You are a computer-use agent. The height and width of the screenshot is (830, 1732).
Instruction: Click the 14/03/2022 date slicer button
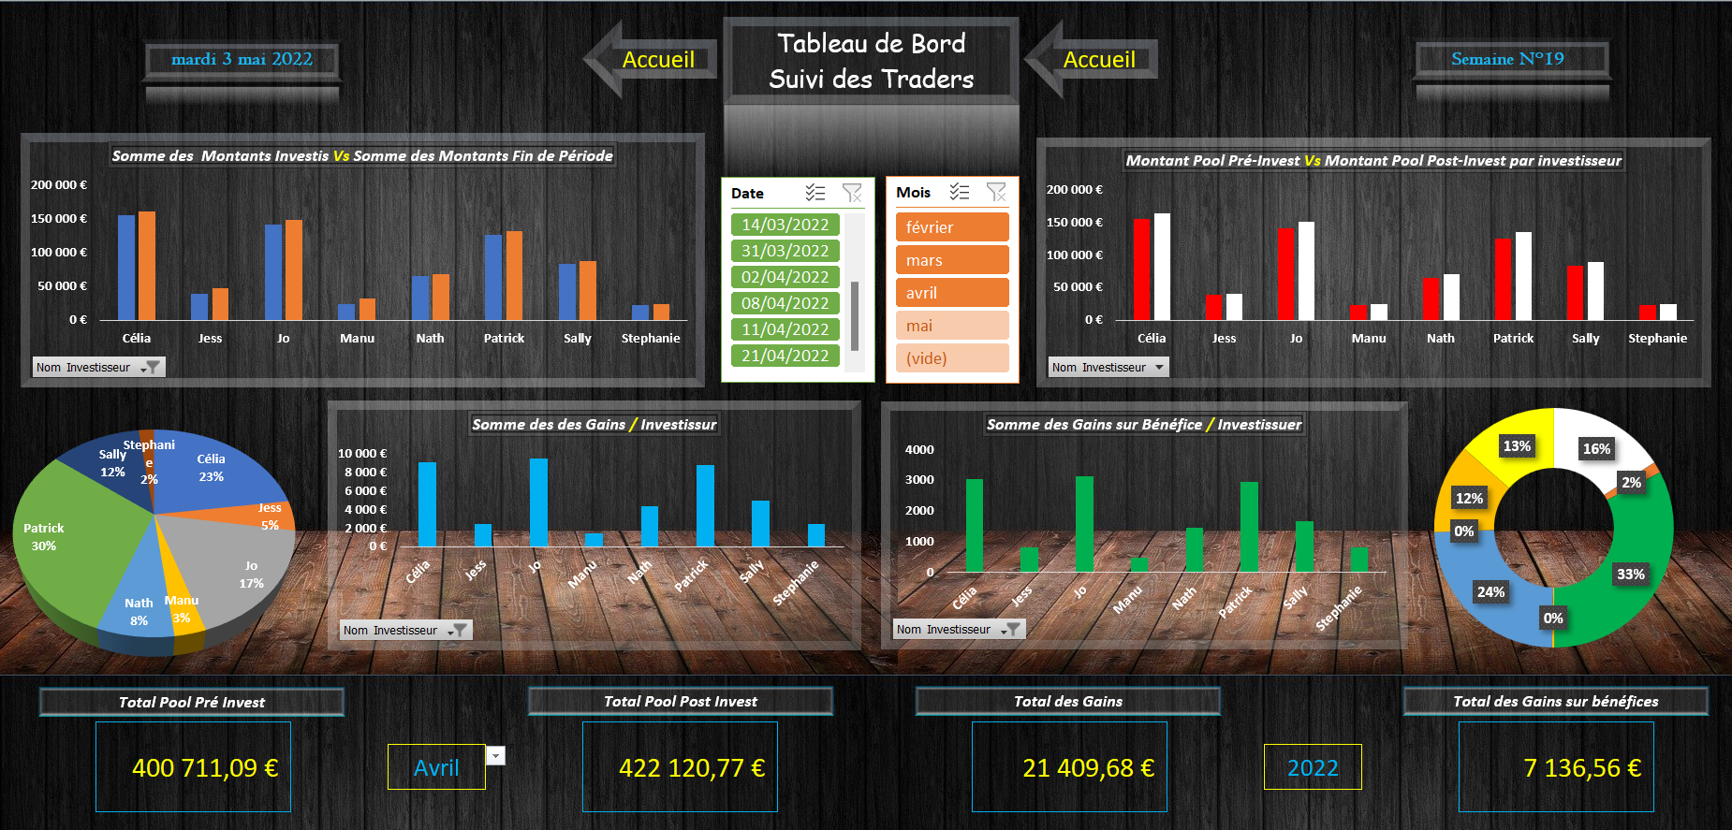pyautogui.click(x=785, y=225)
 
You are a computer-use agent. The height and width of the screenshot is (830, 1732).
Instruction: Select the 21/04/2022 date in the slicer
pyautogui.click(x=785, y=356)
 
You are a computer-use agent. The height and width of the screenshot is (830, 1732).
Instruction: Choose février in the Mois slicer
pyautogui.click(x=951, y=227)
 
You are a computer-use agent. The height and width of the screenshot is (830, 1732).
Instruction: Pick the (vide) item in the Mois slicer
pyautogui.click(x=951, y=358)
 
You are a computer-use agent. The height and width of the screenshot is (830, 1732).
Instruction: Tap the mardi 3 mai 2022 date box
pyautogui.click(x=242, y=59)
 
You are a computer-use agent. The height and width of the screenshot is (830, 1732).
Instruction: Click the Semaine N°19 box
pyautogui.click(x=1507, y=59)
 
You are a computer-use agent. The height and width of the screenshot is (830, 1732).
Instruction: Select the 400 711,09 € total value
pyautogui.click(x=204, y=768)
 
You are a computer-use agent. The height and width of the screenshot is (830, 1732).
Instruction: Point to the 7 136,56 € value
pyautogui.click(x=1581, y=768)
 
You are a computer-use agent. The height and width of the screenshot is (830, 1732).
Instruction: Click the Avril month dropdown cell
pyautogui.click(x=436, y=768)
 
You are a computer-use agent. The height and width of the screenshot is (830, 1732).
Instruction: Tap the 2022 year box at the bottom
pyautogui.click(x=1313, y=768)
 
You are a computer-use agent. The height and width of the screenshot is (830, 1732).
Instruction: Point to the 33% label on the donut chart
pyautogui.click(x=1630, y=575)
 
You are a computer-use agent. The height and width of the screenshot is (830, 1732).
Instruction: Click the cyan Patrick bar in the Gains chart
pyautogui.click(x=705, y=505)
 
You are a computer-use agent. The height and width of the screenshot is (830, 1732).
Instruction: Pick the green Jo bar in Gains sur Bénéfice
pyautogui.click(x=1084, y=524)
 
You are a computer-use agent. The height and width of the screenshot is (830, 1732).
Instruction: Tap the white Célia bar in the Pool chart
pyautogui.click(x=1162, y=267)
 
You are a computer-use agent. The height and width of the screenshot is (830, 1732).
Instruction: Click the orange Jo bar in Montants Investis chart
pyautogui.click(x=294, y=269)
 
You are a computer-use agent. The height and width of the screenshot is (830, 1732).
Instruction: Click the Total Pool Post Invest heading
pyautogui.click(x=681, y=702)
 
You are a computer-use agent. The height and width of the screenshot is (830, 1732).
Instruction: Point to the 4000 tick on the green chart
pyautogui.click(x=919, y=450)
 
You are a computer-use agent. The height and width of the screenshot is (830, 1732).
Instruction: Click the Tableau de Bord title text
pyautogui.click(x=871, y=44)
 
